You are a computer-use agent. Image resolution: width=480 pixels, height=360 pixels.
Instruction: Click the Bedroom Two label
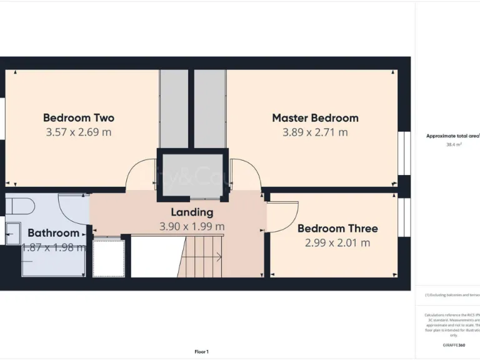79,117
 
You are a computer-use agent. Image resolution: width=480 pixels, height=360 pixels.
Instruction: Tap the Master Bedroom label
315,117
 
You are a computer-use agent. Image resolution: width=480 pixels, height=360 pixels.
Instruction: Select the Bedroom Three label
337,228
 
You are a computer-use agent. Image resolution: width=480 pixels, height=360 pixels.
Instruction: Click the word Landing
192,212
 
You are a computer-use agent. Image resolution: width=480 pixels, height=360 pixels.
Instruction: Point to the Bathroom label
53,233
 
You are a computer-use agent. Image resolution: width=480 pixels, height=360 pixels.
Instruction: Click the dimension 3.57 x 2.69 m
79,132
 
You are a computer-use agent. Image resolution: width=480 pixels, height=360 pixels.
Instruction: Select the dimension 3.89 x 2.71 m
315,132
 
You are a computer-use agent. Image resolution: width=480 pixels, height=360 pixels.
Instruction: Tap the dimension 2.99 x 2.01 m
337,242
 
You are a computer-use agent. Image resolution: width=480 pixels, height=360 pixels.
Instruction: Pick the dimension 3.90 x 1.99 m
192,226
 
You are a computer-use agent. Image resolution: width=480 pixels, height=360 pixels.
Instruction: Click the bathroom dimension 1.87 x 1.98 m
53,247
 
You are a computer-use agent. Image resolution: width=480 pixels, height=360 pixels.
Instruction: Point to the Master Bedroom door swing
244,175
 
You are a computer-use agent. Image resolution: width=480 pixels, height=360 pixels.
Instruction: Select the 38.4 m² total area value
453,144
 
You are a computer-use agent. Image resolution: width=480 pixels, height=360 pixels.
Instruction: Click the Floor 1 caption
201,352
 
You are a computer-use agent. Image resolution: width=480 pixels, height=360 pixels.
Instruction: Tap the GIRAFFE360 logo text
453,344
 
